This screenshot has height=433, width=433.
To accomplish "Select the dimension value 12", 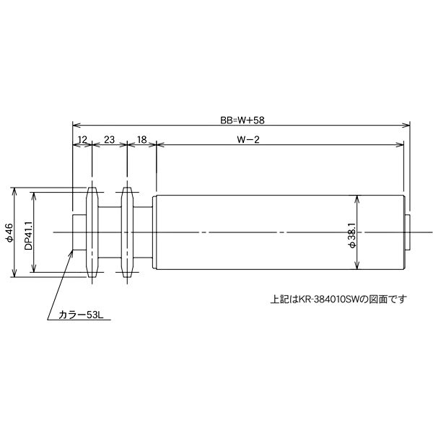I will click(x=82, y=139).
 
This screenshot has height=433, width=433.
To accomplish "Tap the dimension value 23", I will click(x=109, y=139).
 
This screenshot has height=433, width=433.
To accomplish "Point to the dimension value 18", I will click(x=141, y=139).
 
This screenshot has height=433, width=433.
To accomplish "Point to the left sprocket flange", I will click(x=92, y=232).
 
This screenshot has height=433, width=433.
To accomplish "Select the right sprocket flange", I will click(x=127, y=232).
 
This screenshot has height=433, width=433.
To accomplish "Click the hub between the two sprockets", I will click(x=109, y=232).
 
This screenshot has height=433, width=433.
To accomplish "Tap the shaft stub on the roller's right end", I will click(x=408, y=232).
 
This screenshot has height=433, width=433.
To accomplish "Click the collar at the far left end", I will click(x=79, y=232).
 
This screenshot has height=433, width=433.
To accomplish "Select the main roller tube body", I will click(x=278, y=232).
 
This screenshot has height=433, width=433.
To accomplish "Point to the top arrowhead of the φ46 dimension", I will click(x=14, y=190).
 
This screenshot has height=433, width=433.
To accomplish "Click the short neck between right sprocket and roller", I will click(x=144, y=232).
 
